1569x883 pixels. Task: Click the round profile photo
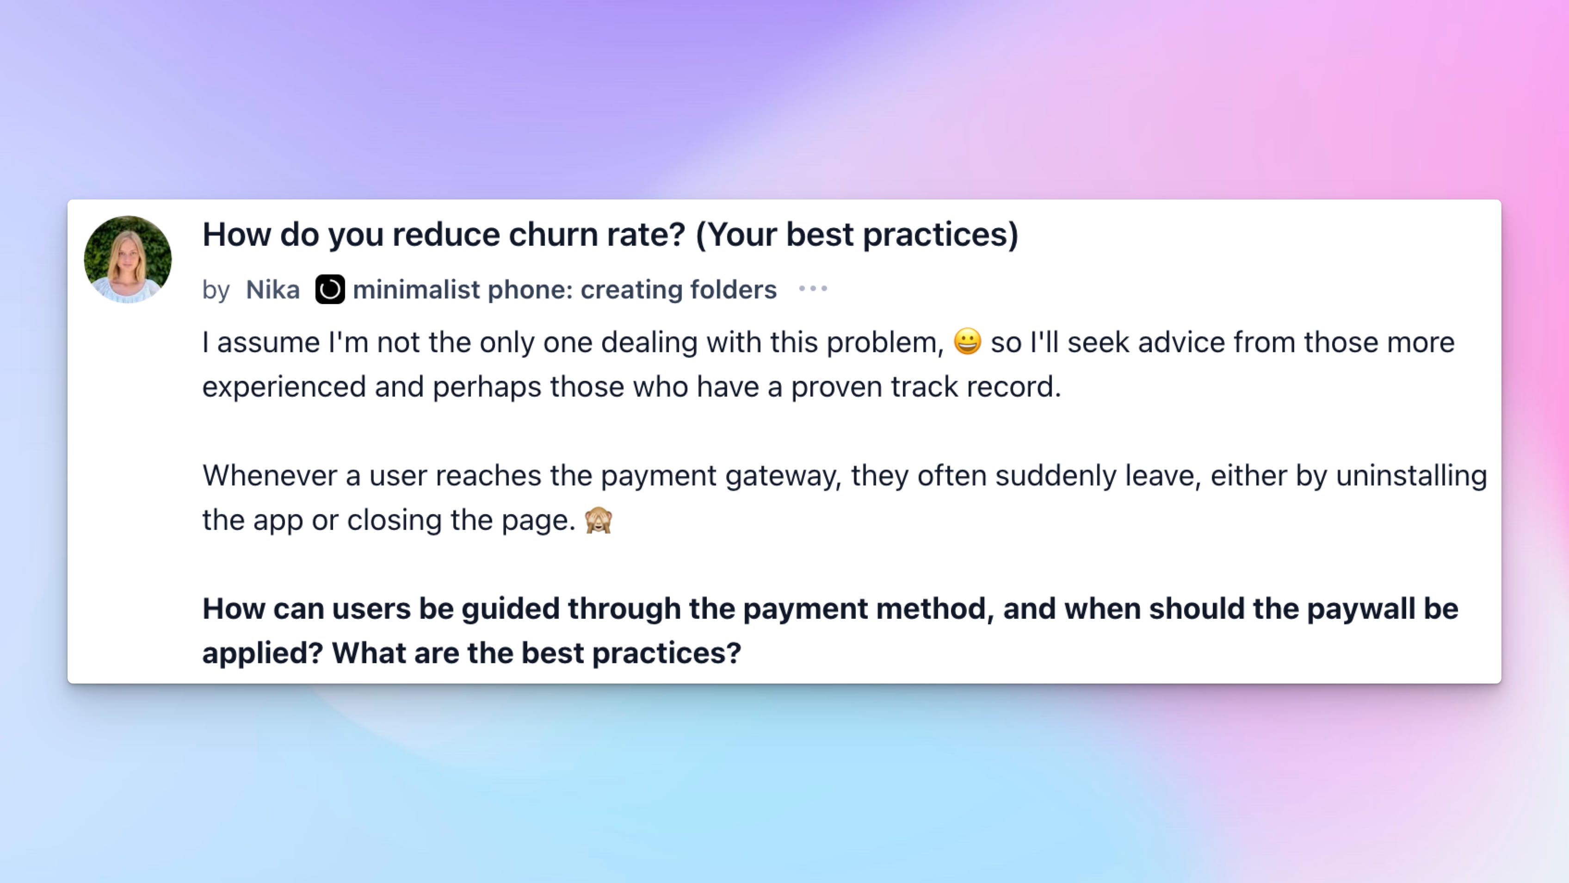[128, 259]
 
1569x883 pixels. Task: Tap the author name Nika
[272, 289]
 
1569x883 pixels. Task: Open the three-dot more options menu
[813, 289]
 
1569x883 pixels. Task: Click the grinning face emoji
[967, 341]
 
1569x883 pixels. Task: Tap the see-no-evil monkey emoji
[598, 520]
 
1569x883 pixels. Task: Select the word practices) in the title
[940, 235]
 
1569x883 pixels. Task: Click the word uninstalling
[1411, 476]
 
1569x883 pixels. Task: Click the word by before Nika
[216, 291]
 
